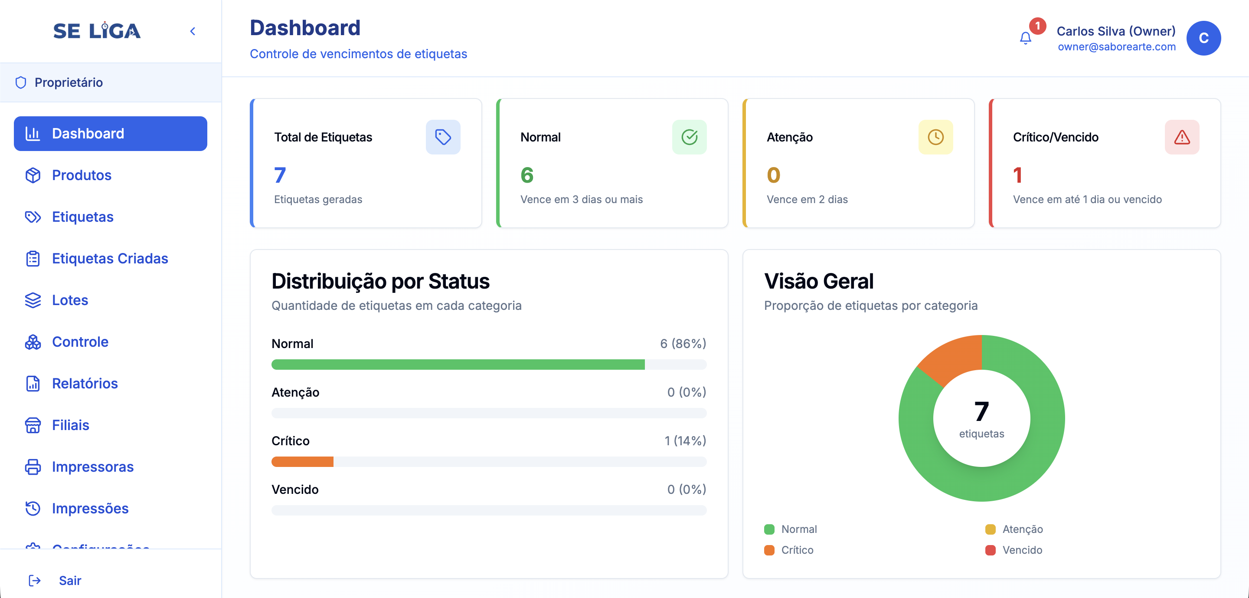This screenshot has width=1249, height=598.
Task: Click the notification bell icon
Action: point(1025,38)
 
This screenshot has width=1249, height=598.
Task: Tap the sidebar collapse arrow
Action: point(193,32)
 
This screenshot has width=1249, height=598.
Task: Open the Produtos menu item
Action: point(82,175)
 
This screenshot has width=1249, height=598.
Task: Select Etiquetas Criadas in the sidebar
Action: point(110,259)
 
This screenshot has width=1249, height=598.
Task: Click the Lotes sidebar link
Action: point(70,300)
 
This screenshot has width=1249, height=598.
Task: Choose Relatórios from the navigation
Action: point(85,384)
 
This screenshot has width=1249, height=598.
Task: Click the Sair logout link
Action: point(69,581)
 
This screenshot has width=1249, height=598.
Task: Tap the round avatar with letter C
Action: point(1203,38)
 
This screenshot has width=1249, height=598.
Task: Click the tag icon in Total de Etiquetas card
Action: point(443,137)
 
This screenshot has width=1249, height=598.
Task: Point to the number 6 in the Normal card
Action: point(527,175)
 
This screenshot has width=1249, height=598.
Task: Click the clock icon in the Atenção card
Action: point(935,137)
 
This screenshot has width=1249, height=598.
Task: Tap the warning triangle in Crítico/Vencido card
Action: point(1182,137)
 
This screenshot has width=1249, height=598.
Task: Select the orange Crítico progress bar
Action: point(303,462)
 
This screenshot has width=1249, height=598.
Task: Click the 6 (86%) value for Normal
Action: point(683,344)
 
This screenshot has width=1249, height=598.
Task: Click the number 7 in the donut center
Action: point(981,411)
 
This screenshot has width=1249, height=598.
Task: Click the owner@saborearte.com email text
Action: point(1116,47)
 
